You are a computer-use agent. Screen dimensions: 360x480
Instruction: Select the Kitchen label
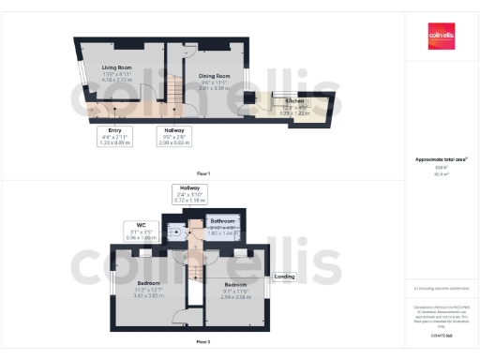(294, 99)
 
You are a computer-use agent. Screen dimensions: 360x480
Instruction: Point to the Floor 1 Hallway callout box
(174, 136)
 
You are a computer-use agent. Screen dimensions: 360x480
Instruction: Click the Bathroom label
(223, 221)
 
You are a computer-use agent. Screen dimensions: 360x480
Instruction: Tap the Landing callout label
(284, 277)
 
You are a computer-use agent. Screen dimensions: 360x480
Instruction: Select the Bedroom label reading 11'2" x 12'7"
(148, 282)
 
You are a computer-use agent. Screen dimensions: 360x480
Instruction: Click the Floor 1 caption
(202, 173)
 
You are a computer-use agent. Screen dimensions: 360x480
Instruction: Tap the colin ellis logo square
(441, 36)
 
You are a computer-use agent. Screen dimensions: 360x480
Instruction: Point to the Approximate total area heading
(442, 159)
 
